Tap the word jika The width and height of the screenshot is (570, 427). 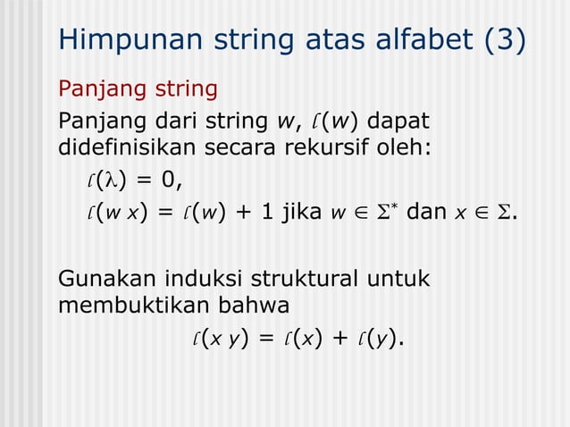tap(306, 214)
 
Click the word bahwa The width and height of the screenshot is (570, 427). tap(256, 306)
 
